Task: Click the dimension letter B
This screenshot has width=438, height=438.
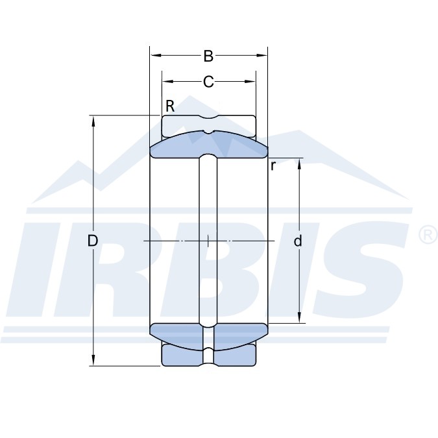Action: pos(208,56)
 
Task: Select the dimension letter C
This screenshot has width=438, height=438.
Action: pos(208,82)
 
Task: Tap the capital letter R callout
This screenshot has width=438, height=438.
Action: pos(170,106)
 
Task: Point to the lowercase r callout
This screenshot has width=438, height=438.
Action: pos(273,166)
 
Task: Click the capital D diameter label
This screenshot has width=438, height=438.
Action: pos(93,241)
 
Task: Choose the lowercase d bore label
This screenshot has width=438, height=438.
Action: pos(298,241)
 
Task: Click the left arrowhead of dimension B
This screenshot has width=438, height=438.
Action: pos(156,56)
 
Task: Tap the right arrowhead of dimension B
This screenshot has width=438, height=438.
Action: pos(262,56)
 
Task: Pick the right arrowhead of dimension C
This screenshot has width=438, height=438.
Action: pos(250,82)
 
